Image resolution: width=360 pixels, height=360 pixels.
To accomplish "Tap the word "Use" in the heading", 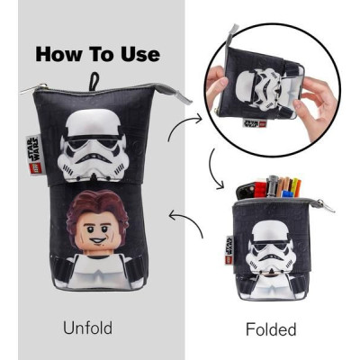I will tap(137, 53).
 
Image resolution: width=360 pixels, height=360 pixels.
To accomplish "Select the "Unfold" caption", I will tap(87, 328).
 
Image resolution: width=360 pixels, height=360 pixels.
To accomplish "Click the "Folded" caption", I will tap(270, 329).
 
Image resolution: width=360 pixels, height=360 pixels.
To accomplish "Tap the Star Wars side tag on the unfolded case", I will tap(30, 147).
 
